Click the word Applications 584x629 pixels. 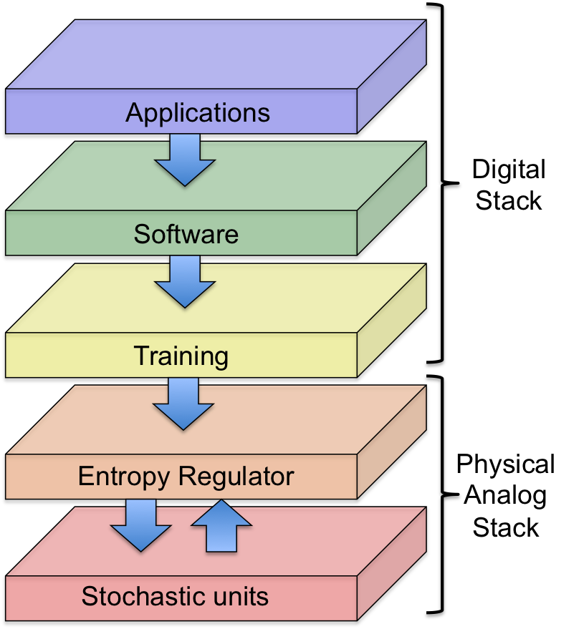[x=198, y=112]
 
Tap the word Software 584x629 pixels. [x=186, y=234]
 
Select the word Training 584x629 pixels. [x=181, y=356]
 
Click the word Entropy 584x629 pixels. [x=124, y=477]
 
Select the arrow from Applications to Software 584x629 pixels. [x=185, y=159]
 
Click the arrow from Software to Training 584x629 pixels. [x=185, y=281]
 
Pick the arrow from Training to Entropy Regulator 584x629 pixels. [x=184, y=403]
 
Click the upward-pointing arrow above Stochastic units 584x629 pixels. [x=221, y=527]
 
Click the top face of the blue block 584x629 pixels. [x=215, y=54]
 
